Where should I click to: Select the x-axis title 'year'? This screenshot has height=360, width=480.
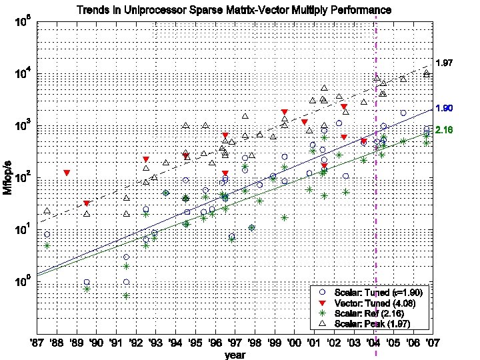click(235, 355)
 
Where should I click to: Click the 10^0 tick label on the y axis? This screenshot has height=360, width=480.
click(21, 282)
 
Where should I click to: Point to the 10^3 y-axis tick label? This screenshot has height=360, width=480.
click(21, 127)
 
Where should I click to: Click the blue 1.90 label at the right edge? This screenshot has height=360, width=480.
click(445, 108)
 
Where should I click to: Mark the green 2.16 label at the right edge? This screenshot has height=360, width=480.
click(445, 130)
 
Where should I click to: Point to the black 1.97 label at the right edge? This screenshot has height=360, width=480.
click(445, 63)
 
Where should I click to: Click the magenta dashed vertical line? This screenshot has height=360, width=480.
click(376, 200)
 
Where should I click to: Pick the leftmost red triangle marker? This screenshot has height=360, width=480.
click(67, 173)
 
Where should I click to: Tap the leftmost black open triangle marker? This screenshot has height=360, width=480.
click(47, 211)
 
